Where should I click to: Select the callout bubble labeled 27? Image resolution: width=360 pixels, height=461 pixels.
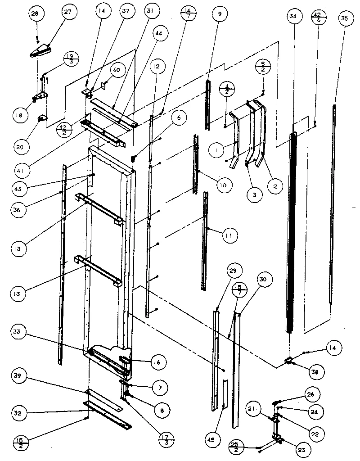[69, 13]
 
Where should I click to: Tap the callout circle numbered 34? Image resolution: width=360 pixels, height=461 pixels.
[293, 17]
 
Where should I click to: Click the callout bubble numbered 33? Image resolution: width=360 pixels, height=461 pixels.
[21, 334]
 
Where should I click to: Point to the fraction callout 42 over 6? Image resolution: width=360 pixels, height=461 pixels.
[318, 18]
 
